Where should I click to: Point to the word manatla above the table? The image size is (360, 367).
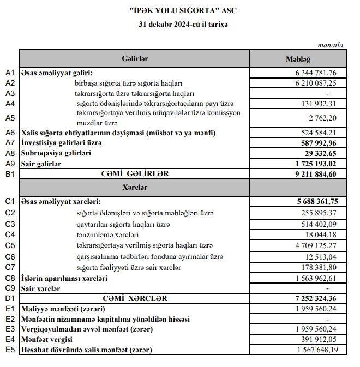(331, 45)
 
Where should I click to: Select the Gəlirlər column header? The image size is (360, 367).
(135, 59)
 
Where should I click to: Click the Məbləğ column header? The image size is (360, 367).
(298, 59)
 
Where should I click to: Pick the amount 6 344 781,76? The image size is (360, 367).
(316, 73)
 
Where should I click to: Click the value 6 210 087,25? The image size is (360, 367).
(316, 83)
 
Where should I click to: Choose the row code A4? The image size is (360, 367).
(10, 103)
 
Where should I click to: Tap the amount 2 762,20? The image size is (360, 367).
(322, 118)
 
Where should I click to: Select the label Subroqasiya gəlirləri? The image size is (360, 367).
(56, 153)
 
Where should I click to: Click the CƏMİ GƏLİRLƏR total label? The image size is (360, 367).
(135, 173)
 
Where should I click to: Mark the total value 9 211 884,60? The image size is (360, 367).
(315, 174)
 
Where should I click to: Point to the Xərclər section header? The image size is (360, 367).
(135, 187)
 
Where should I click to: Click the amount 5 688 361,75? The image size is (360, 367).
(315, 201)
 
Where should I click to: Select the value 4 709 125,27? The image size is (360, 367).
(316, 245)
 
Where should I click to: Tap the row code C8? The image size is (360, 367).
(10, 278)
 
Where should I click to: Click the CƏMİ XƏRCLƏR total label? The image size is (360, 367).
(135, 299)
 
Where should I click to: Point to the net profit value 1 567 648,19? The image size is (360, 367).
(316, 350)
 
